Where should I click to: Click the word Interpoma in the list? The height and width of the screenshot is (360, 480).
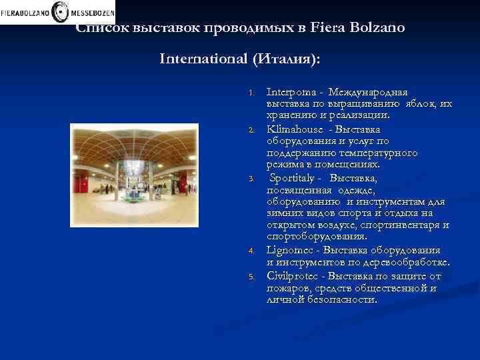(288, 92)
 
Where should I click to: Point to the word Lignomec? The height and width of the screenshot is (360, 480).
(290, 250)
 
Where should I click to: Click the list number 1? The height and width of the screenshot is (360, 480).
(251, 93)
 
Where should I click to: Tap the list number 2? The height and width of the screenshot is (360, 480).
(251, 129)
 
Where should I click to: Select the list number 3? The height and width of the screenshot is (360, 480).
(251, 178)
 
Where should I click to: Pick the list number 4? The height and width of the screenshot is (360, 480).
(251, 251)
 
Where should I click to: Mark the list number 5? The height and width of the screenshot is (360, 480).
(251, 275)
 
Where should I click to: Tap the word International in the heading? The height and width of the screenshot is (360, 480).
(203, 59)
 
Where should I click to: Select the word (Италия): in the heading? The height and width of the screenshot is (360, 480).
(285, 59)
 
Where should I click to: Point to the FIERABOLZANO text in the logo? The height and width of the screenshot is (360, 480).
(25, 12)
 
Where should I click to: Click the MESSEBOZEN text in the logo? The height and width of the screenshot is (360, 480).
(90, 12)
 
